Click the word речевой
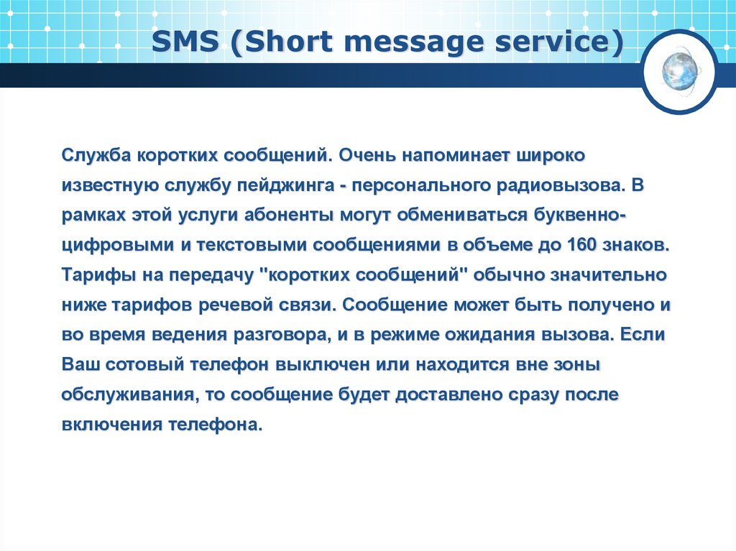pos(226,305)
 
